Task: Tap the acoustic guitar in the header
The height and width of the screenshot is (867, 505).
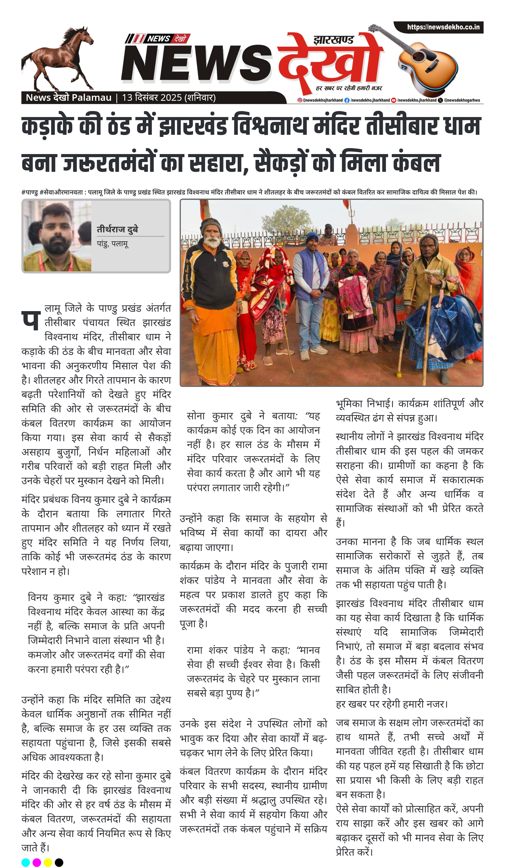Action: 426,62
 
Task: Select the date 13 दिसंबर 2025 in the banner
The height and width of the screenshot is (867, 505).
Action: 152,98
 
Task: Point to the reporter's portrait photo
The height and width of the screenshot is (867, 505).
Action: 57,236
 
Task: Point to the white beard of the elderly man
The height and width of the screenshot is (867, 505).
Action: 212,242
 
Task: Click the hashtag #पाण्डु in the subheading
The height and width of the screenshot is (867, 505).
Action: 29,192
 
